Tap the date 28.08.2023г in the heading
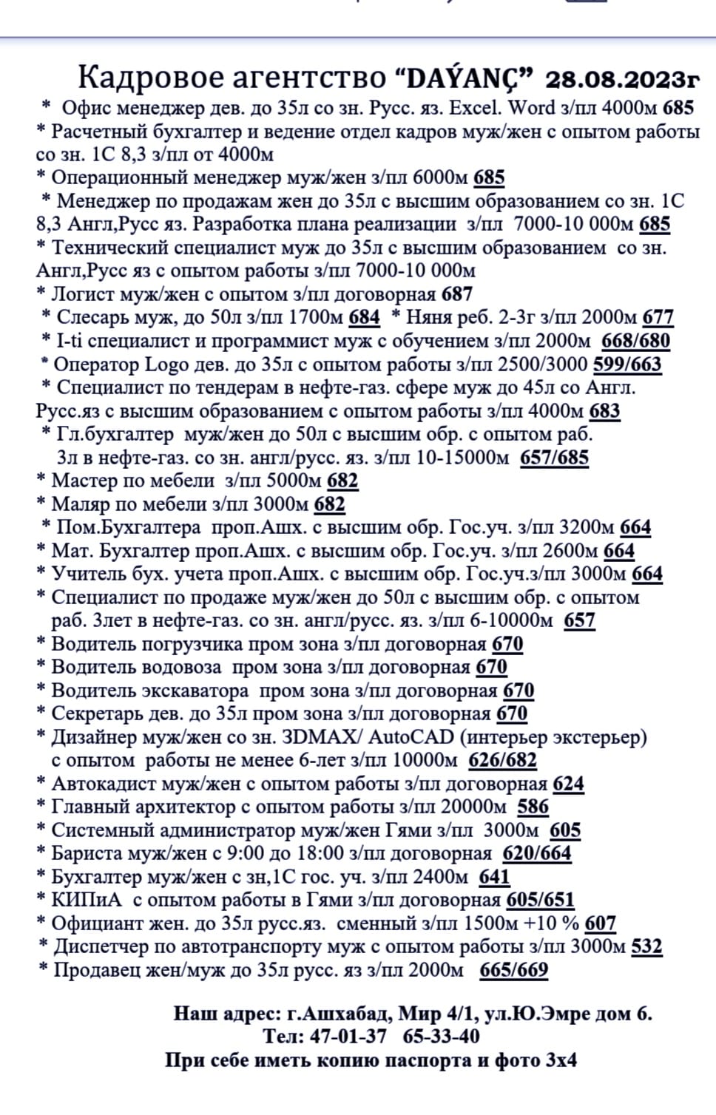coord(622,78)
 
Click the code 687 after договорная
coord(456,294)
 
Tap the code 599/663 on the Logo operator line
coord(626,365)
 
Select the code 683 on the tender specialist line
coord(604,412)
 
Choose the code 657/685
coord(555,458)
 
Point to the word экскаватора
coord(202,691)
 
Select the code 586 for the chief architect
coord(533,807)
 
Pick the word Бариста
coord(87,854)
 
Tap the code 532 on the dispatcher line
coord(646,947)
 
